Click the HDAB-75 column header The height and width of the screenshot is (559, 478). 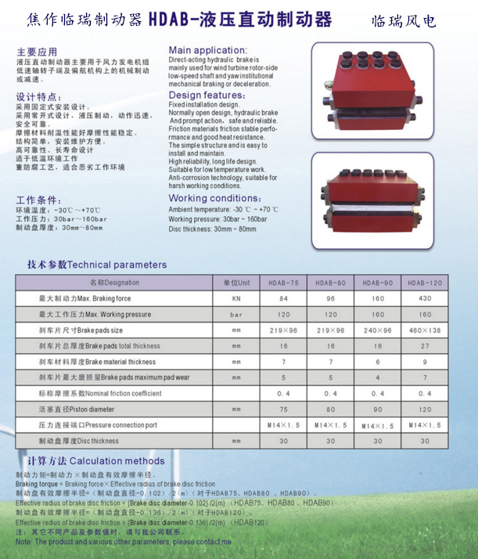(x=284, y=282)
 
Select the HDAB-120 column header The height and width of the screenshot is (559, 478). (x=425, y=282)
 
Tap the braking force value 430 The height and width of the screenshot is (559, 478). (x=425, y=298)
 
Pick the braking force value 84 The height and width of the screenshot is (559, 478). (x=284, y=298)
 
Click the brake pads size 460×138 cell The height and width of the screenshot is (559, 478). (x=425, y=330)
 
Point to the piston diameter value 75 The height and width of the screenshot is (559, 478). (x=284, y=409)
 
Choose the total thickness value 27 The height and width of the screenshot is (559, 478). (x=425, y=345)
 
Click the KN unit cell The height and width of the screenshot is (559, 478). (x=236, y=298)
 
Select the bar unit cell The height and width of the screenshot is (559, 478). (x=236, y=314)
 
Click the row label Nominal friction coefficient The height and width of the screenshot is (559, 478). (x=101, y=393)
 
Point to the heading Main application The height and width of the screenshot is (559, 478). (x=207, y=49)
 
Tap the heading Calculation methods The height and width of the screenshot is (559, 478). (x=97, y=461)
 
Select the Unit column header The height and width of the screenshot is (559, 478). (x=236, y=282)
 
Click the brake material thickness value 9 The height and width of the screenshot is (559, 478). (x=425, y=362)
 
